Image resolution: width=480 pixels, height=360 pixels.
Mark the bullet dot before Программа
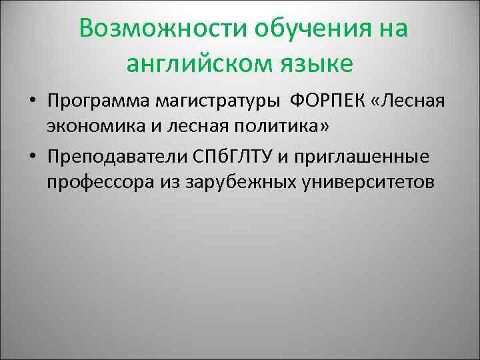click(x=31, y=103)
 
